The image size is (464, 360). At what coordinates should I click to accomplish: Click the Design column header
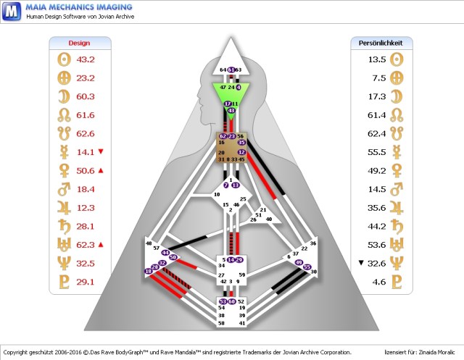tap(79, 43)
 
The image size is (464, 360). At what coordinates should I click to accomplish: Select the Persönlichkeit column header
tap(381, 43)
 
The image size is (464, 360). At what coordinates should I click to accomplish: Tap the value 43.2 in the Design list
tap(86, 59)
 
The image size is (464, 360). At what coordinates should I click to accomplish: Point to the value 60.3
tap(86, 96)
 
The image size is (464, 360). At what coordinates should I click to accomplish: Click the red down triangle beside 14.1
tap(101, 151)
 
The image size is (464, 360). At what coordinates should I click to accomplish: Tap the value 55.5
tap(376, 152)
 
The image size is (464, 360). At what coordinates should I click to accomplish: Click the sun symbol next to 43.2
tap(62, 59)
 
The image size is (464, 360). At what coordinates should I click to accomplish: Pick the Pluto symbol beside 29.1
tap(62, 282)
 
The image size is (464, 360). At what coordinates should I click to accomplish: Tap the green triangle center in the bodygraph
tap(231, 93)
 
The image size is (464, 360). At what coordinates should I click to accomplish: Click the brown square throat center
tap(231, 148)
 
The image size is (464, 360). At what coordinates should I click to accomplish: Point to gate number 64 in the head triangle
tap(223, 70)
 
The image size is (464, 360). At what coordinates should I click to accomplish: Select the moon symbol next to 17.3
tap(396, 96)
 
